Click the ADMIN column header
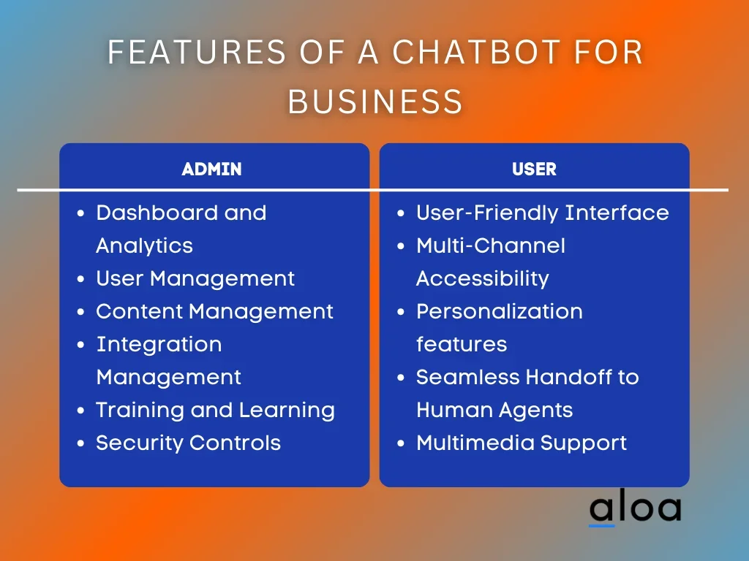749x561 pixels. (x=211, y=169)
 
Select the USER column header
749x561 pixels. (x=534, y=169)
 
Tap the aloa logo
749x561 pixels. (x=636, y=507)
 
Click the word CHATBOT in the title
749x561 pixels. (x=476, y=52)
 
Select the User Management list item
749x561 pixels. (x=195, y=278)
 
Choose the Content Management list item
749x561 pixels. (x=214, y=311)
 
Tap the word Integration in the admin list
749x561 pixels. (x=159, y=345)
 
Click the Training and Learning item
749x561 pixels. (x=216, y=411)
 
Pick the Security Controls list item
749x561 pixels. (x=188, y=443)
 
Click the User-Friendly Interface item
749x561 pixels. (x=543, y=213)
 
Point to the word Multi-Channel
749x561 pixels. (x=491, y=245)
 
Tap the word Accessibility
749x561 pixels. (x=483, y=278)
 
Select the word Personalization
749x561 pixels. (x=499, y=311)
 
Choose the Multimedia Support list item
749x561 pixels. (x=521, y=443)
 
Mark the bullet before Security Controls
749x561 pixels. (x=80, y=443)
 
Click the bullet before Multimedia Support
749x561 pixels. (x=401, y=443)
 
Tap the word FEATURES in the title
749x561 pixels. (x=197, y=52)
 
